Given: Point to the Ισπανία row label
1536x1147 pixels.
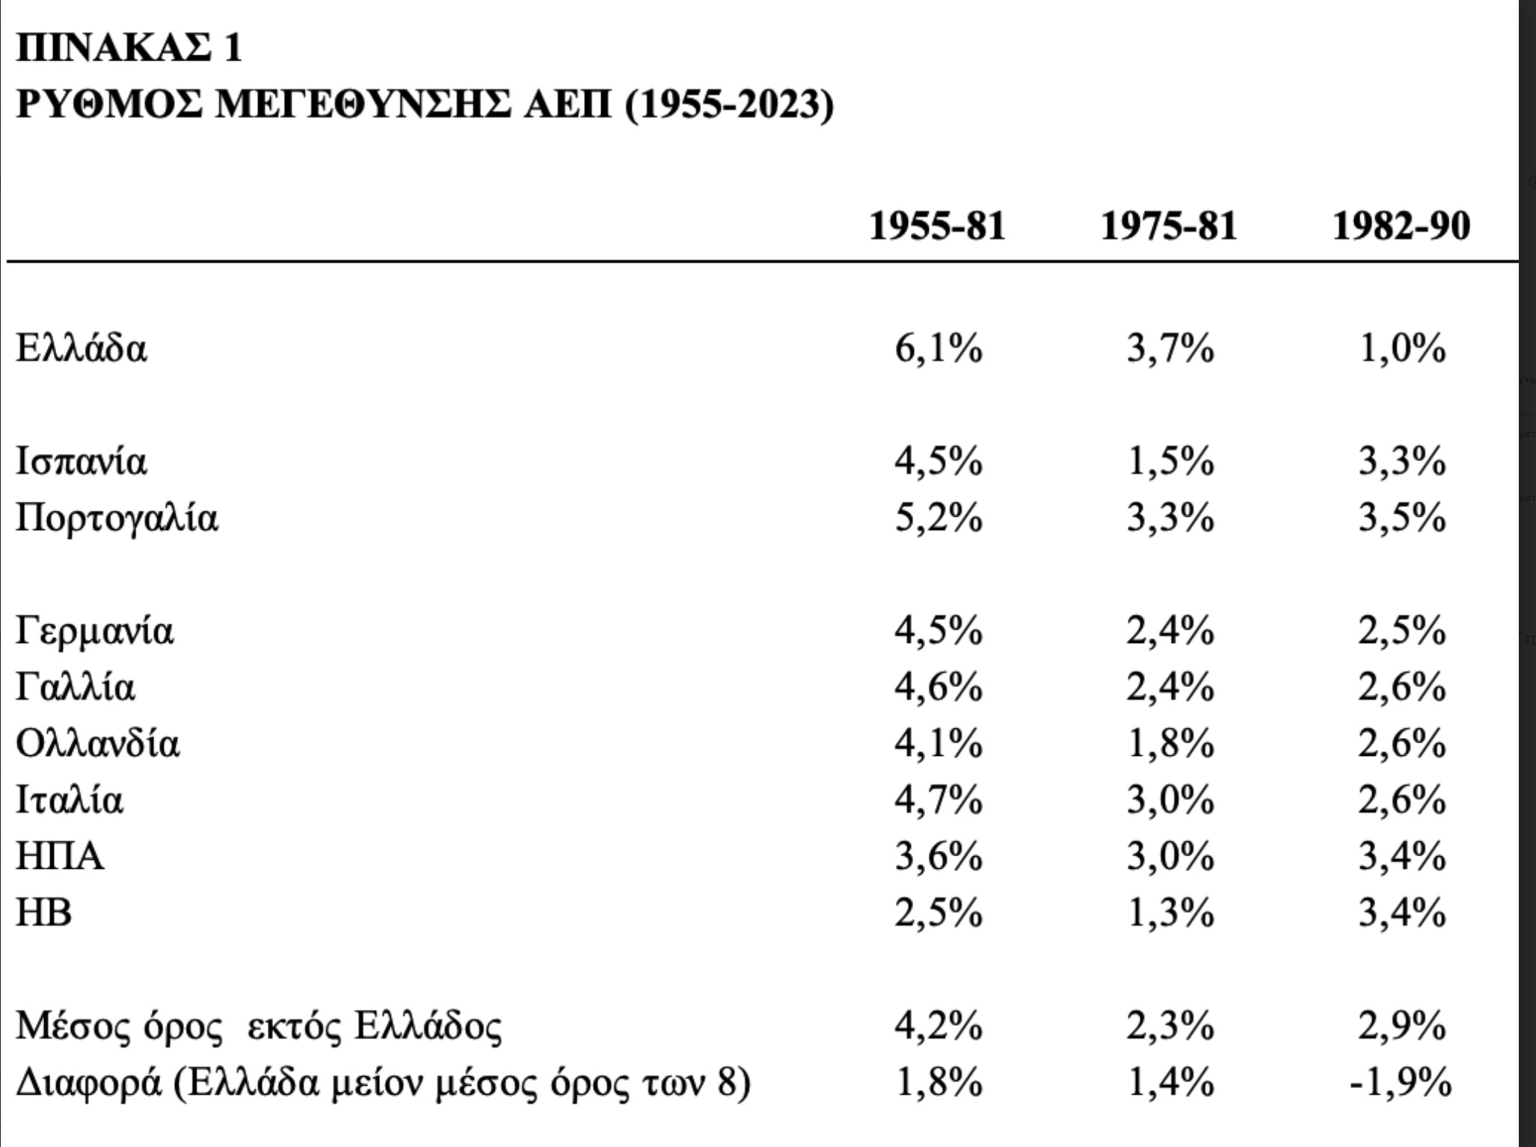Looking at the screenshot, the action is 82,461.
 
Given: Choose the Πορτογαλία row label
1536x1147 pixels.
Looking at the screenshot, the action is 117,517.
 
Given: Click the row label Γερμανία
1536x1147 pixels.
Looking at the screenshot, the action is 95,630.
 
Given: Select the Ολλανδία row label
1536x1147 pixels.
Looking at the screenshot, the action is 98,744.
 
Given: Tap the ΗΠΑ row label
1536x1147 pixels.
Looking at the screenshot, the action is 60,857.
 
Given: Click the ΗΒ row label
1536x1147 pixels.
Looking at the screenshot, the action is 44,913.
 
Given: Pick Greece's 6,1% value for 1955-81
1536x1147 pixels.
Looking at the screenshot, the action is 939,349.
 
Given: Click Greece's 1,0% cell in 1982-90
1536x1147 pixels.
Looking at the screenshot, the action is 1402,349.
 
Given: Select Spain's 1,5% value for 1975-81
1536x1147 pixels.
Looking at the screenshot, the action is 1170,461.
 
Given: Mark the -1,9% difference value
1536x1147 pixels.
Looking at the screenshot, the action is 1400,1083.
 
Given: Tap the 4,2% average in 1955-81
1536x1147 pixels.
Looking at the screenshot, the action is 939,1027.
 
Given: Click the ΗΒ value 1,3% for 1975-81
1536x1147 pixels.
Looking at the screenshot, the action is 1170,913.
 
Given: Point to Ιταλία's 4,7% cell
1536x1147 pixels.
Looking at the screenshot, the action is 939,800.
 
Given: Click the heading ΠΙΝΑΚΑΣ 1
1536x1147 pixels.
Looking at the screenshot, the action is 129,49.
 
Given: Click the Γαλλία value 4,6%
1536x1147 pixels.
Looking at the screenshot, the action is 939,687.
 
